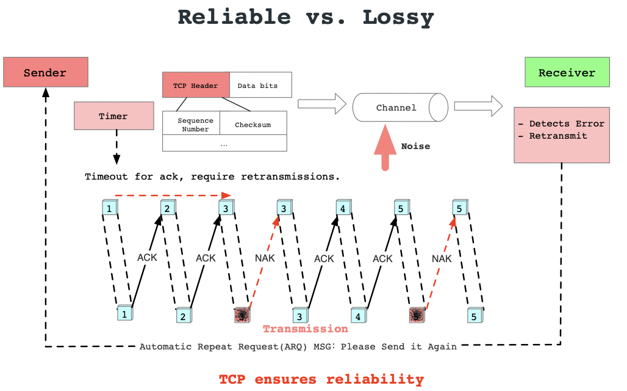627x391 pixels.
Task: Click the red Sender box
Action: (x=45, y=73)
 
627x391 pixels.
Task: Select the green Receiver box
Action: (x=567, y=73)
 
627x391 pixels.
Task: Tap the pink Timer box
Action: (x=113, y=116)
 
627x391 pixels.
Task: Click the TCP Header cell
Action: (x=196, y=86)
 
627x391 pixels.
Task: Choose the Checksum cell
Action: (x=253, y=125)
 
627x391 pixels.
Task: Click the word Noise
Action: (x=415, y=147)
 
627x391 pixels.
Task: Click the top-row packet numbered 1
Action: (x=109, y=208)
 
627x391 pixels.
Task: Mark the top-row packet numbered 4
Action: (x=343, y=208)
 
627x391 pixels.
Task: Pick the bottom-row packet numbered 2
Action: (x=182, y=316)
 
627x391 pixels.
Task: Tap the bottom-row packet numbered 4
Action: (x=358, y=316)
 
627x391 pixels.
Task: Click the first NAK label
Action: (x=265, y=258)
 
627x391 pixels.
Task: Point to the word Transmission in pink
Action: (x=305, y=329)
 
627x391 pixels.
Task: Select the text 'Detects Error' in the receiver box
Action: (x=567, y=124)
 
